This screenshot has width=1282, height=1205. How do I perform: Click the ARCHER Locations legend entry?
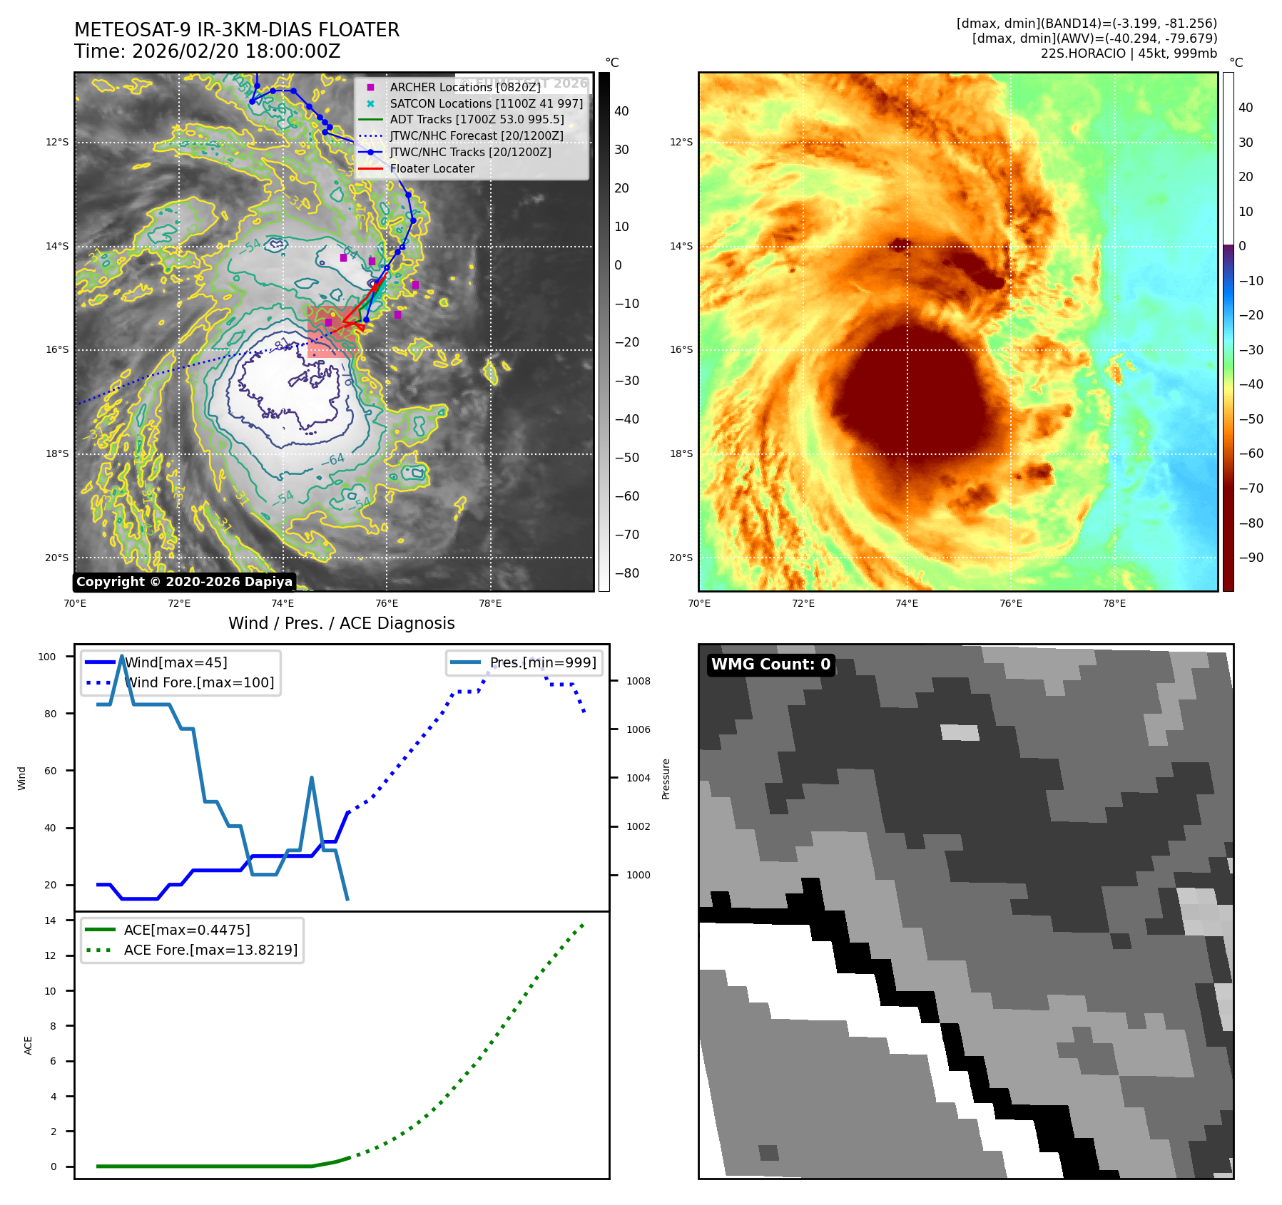coord(464,87)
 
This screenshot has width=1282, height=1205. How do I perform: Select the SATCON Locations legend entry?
coord(486,103)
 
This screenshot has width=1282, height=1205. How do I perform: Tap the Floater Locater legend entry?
coord(432,169)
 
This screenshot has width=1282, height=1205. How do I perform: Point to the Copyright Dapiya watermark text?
coord(184,582)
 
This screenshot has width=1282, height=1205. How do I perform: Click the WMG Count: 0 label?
coord(770,665)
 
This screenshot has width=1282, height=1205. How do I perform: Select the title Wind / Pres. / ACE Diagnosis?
coord(341,623)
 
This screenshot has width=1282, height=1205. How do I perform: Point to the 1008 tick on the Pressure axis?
coord(639,681)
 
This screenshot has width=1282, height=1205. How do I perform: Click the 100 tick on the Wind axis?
coord(47,657)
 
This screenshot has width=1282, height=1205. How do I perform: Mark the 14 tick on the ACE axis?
coord(51,921)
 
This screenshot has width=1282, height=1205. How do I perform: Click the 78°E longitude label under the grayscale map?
coord(490,604)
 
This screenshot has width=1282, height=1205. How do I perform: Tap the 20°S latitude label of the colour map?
coord(681,558)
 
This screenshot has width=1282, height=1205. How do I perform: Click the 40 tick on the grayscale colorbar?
coord(621,111)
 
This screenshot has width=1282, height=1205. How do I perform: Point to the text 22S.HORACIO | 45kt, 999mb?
coord(1129,53)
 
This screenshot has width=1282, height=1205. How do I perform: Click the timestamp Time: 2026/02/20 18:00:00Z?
coord(207,52)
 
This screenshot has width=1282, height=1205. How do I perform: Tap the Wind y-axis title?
coord(22,778)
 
